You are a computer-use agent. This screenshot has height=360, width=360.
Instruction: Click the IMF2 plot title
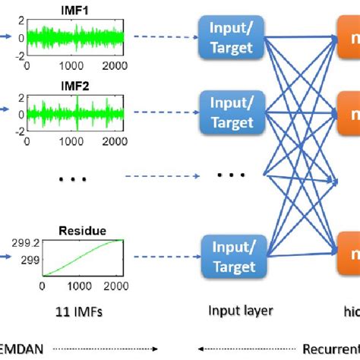[x=74, y=87]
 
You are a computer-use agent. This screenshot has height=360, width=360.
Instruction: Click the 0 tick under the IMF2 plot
[x=28, y=140]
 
